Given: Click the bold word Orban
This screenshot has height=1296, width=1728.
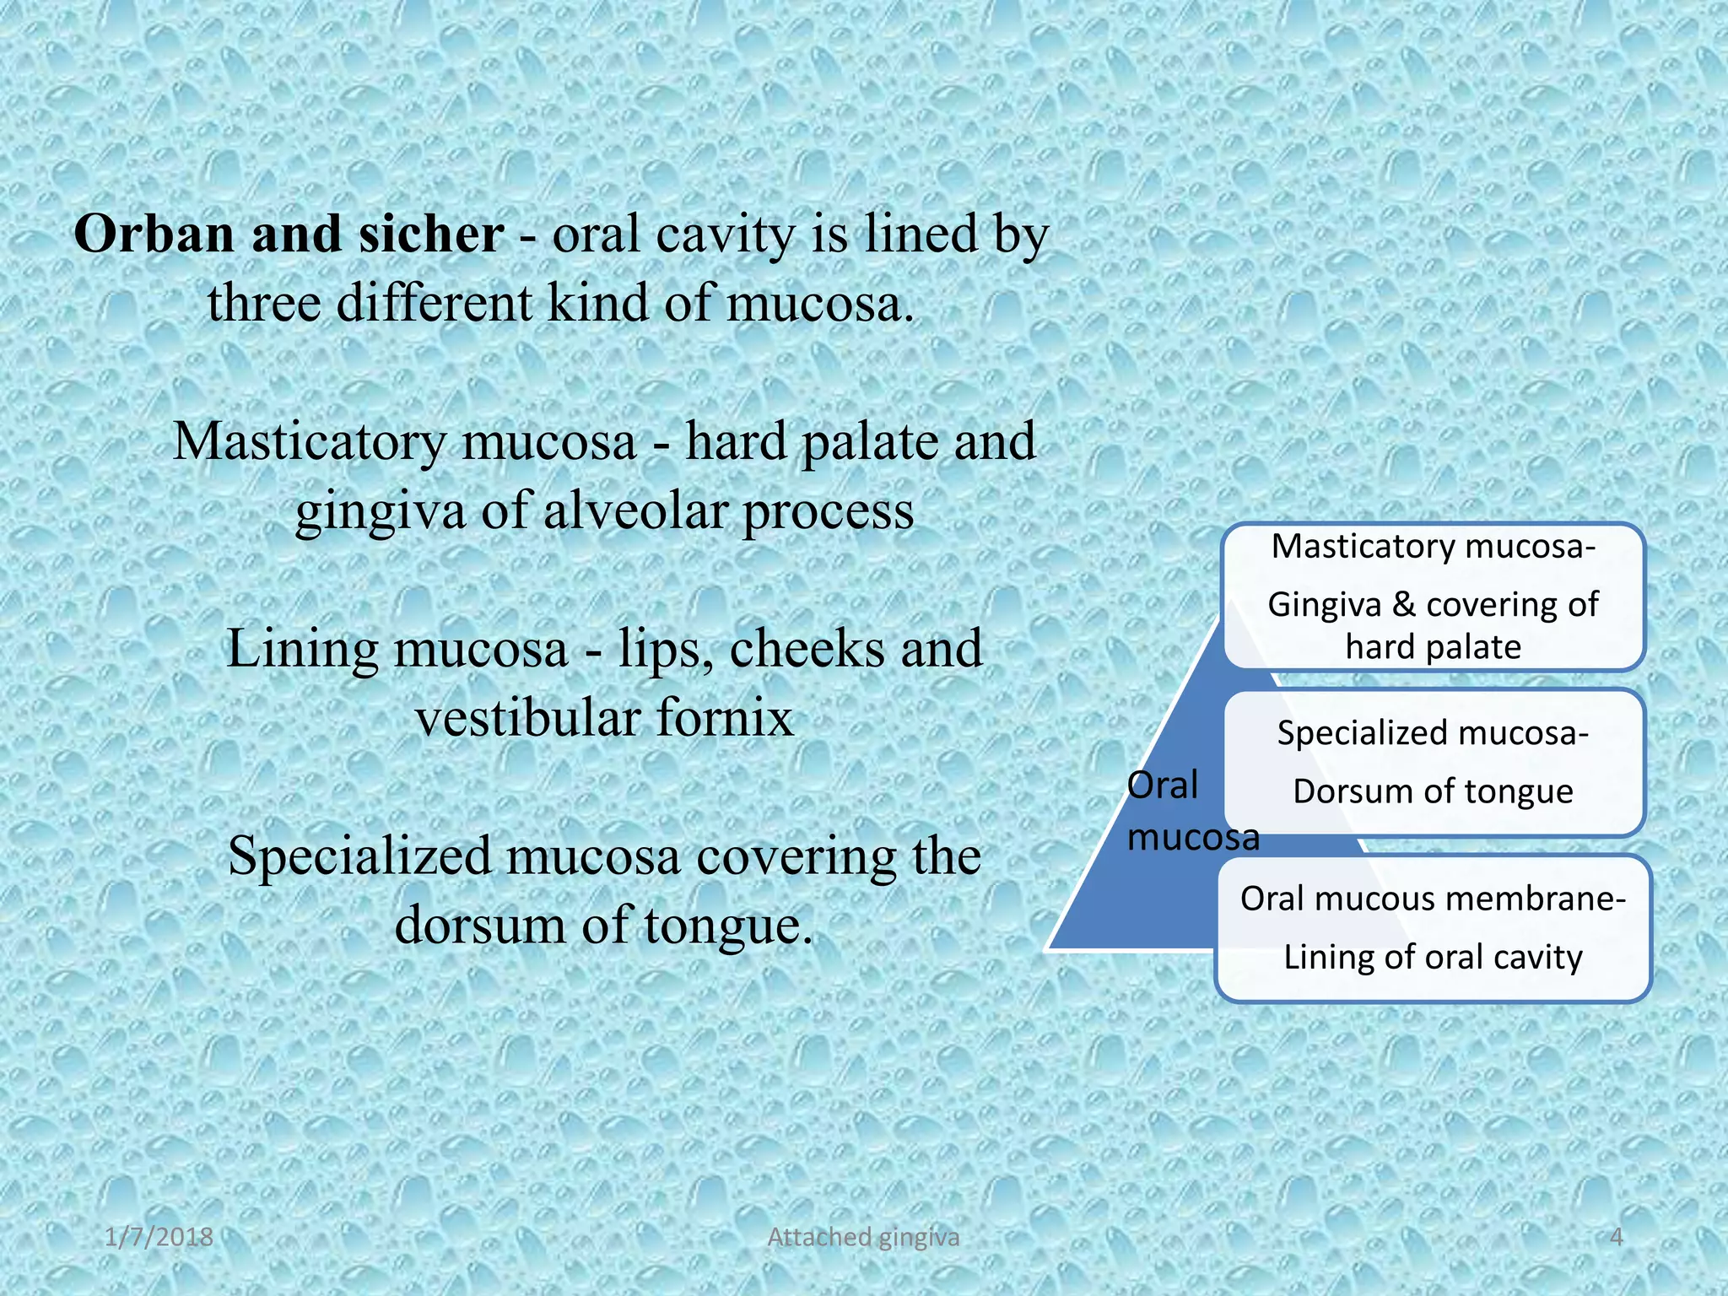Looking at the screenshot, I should point(154,234).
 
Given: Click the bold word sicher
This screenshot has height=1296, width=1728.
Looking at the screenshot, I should point(431,234).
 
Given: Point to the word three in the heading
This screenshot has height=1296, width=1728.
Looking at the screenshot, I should point(263,303).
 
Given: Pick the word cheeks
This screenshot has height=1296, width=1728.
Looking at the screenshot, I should point(807,650).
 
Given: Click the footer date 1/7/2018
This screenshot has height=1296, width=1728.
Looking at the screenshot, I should point(159,1237).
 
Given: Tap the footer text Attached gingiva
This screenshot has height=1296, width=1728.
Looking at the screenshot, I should point(863,1237).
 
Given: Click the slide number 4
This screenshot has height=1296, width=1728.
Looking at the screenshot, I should point(1617,1237).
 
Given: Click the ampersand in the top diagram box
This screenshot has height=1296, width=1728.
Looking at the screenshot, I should point(1403,605).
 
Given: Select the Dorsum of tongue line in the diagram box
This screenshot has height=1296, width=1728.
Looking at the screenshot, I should point(1433,792).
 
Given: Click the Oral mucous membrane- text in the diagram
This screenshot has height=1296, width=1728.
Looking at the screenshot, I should point(1433,899).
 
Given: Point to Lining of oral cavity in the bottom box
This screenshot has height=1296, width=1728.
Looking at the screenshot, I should point(1433,958).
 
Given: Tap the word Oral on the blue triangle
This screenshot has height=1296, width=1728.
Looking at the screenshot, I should point(1163,786).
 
